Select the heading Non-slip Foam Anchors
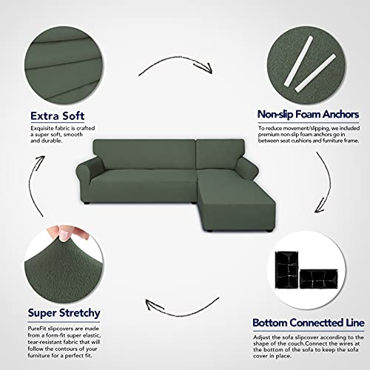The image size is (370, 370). click(308, 115)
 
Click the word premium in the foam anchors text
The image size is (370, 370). click(271, 136)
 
